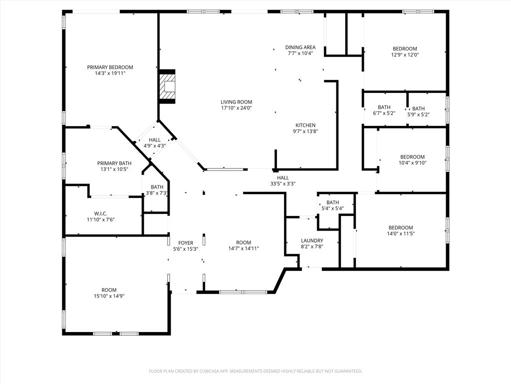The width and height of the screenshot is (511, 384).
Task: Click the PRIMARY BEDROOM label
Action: pos(110,67)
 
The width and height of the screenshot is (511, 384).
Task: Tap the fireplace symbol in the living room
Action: pos(168,86)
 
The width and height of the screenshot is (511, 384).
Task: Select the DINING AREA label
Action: pos(300,47)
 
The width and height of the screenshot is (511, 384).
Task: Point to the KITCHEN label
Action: pos(305,125)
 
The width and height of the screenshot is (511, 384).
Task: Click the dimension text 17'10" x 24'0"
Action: pos(237,108)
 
